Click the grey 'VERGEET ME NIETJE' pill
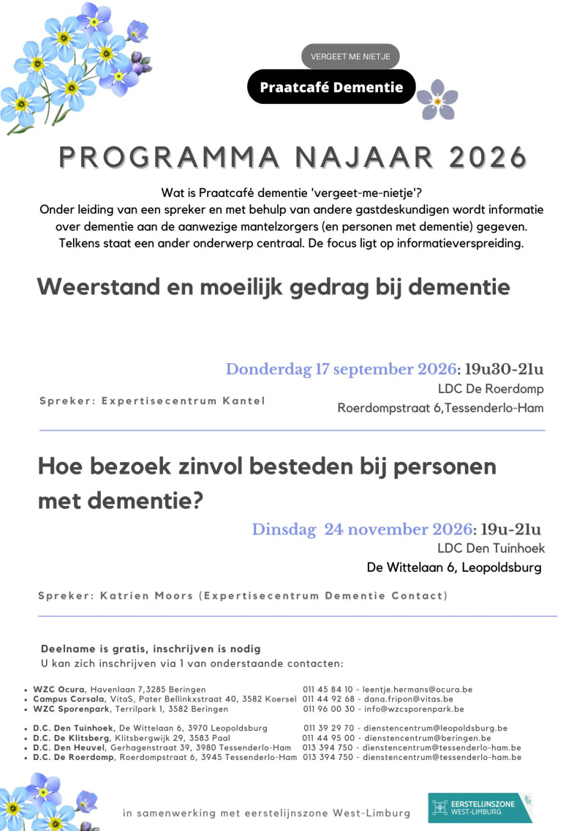pyautogui.click(x=350, y=56)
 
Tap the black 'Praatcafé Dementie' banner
pyautogui.click(x=331, y=87)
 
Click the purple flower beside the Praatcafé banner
pyautogui.click(x=437, y=100)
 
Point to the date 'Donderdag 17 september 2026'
pyautogui.click(x=341, y=369)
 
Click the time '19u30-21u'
pyautogui.click(x=504, y=369)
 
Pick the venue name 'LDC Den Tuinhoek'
pyautogui.click(x=491, y=548)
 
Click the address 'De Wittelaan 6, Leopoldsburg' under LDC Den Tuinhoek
pyautogui.click(x=454, y=567)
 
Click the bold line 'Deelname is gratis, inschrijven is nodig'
pyautogui.click(x=151, y=649)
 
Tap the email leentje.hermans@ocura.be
pyautogui.click(x=418, y=689)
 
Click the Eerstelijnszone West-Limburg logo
pyautogui.click(x=480, y=808)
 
